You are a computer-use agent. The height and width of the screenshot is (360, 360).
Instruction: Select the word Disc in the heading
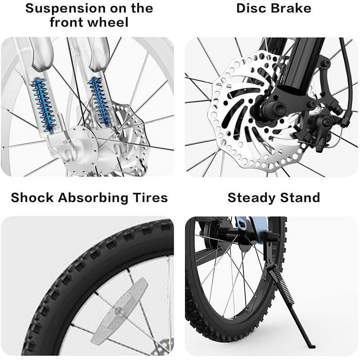[x=251, y=8]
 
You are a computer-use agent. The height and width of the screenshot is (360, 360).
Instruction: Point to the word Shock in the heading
[x=32, y=198]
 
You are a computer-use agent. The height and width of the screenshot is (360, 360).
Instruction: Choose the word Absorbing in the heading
[x=93, y=198]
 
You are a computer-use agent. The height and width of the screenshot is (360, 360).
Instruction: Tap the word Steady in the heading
[x=252, y=198]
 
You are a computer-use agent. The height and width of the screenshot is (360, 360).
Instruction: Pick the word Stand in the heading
[x=300, y=198]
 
